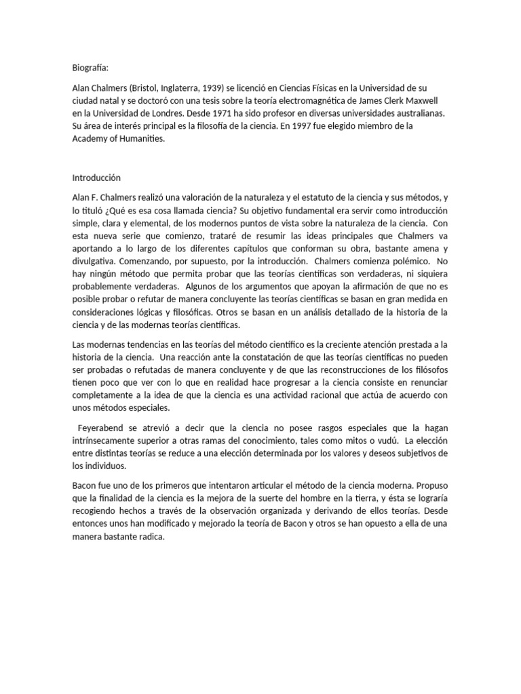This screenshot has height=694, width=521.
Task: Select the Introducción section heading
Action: (x=96, y=178)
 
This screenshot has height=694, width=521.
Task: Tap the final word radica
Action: (x=151, y=537)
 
